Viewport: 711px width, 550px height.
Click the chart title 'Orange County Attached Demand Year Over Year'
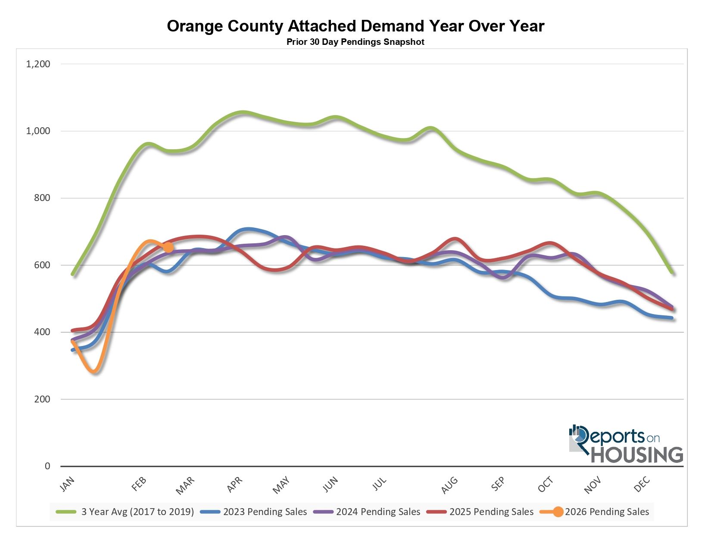(355, 26)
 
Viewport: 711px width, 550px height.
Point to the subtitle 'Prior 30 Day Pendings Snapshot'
(355, 42)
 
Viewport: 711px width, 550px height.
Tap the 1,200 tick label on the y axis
(38, 64)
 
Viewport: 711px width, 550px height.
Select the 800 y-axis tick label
(42, 198)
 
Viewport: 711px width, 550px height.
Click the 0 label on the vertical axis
(47, 466)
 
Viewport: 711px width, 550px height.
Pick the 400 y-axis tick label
(42, 332)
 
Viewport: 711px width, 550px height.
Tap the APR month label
(235, 484)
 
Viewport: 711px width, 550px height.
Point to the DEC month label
(642, 484)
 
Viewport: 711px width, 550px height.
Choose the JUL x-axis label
(380, 484)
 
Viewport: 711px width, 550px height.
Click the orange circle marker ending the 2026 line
(168, 247)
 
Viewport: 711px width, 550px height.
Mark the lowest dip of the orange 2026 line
(95, 371)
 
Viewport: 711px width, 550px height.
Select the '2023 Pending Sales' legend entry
(265, 512)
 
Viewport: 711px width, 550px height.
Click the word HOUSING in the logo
(636, 455)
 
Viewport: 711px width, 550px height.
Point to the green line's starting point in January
(73, 274)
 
